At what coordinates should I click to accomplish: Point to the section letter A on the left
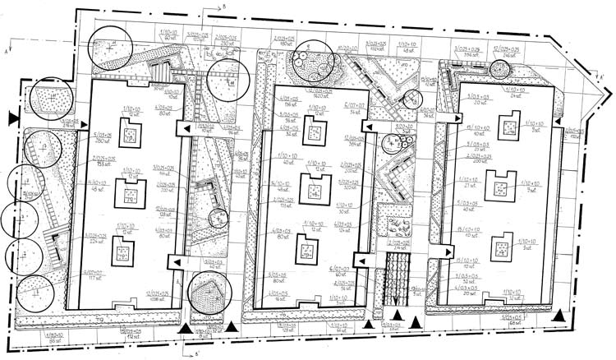coord(7,50)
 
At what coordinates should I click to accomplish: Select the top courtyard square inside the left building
coord(129,131)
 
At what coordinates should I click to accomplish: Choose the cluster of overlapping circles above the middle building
coord(310,62)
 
